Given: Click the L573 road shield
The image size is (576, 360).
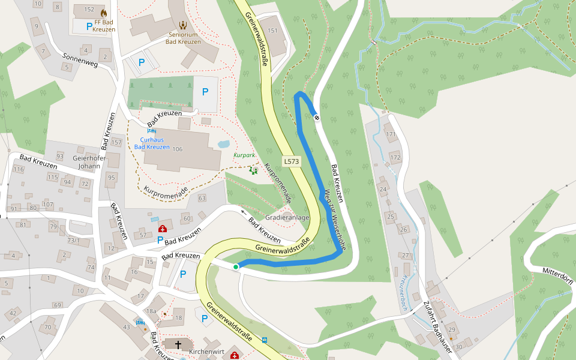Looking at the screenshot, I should (x=292, y=161).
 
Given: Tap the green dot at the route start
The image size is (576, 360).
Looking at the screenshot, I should (x=236, y=266).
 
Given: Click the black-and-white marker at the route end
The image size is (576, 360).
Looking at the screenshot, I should (x=317, y=117).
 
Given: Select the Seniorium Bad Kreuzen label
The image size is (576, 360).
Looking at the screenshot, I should (x=183, y=38).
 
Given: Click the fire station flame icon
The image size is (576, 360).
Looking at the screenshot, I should (x=104, y=13).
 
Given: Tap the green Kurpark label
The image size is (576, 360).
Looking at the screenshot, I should (x=244, y=155).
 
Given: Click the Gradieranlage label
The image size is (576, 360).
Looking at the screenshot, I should (x=287, y=217).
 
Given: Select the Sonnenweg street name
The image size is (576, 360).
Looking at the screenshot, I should (x=80, y=59).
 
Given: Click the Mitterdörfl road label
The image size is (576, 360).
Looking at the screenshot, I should (x=558, y=272).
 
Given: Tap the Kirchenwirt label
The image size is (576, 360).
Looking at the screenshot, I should (x=206, y=351).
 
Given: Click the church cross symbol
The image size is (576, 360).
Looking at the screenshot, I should (x=178, y=344).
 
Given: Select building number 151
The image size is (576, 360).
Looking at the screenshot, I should (x=273, y=31).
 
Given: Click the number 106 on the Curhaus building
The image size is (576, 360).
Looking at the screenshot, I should (x=177, y=149).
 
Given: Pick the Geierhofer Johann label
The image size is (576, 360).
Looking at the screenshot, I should (x=89, y=162).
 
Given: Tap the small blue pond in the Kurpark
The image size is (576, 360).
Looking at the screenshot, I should (x=223, y=145).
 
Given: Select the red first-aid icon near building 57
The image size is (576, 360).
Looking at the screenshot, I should (x=162, y=229).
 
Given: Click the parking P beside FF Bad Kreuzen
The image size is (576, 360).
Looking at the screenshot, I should (x=89, y=26).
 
